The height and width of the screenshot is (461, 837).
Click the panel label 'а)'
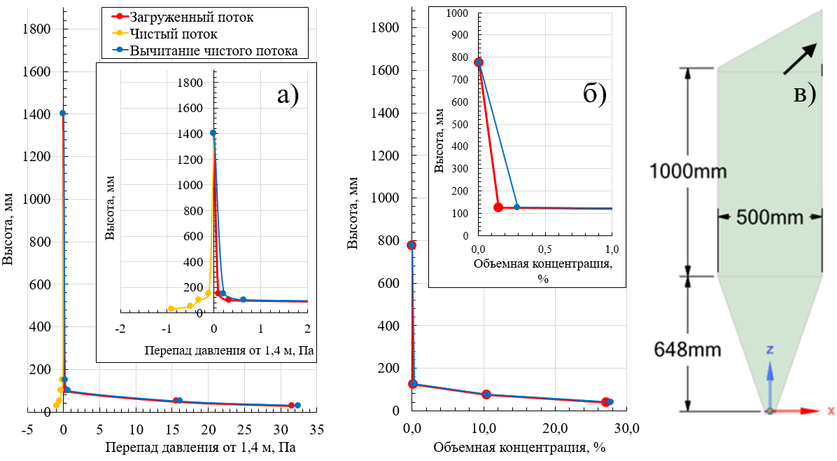pyautogui.click(x=288, y=94)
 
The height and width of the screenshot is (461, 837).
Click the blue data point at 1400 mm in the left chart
pyautogui.click(x=62, y=113)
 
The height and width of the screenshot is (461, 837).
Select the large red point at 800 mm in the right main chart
pyautogui.click(x=412, y=245)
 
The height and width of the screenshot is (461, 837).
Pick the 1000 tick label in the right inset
pyautogui.click(x=458, y=13)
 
